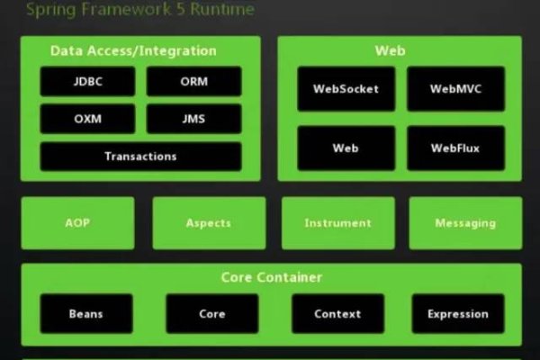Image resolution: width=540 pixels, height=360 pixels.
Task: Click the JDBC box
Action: pyautogui.click(x=87, y=81)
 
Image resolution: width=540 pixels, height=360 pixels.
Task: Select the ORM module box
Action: pyautogui.click(x=193, y=81)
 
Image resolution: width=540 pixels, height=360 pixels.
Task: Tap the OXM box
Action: pyautogui.click(x=87, y=119)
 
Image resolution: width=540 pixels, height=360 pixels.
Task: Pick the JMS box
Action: pyautogui.click(x=193, y=119)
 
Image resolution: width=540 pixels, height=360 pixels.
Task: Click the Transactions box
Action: pyautogui.click(x=140, y=156)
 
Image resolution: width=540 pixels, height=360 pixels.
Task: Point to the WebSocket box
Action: pyautogui.click(x=346, y=89)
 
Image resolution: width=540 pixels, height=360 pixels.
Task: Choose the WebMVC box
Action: pyautogui.click(x=454, y=89)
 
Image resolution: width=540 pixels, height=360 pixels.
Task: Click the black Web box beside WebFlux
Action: pyautogui.click(x=346, y=148)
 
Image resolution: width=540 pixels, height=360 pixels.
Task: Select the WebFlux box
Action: pyautogui.click(x=454, y=148)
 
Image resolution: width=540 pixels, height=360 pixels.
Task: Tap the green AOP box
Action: pyautogui.click(x=77, y=223)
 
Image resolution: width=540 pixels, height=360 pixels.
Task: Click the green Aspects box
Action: pyautogui.click(x=209, y=223)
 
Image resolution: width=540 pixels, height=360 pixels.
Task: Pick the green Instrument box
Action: pyautogui.click(x=337, y=223)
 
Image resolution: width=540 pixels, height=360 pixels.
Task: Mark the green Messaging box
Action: pyautogui.click(x=465, y=223)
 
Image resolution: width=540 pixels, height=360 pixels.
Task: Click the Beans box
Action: pyautogui.click(x=86, y=314)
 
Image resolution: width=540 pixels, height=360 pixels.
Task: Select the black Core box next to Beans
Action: pyautogui.click(x=211, y=314)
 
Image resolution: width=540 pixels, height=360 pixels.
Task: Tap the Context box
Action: pyautogui.click(x=337, y=314)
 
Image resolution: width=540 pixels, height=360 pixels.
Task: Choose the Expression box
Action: pyautogui.click(x=458, y=314)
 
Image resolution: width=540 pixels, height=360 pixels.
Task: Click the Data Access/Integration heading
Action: pyautogui.click(x=133, y=51)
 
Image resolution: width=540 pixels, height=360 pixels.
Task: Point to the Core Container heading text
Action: pyautogui.click(x=272, y=277)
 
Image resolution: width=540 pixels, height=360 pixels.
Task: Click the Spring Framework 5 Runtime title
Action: pyautogui.click(x=139, y=10)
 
